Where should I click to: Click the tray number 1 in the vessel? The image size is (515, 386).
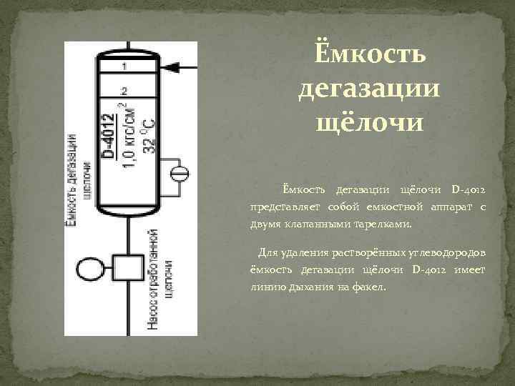tap(125, 66)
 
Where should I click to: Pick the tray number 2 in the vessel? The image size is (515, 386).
tap(125, 91)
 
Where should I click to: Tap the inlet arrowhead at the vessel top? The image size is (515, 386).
tap(172, 67)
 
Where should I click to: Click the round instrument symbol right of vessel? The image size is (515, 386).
tap(180, 173)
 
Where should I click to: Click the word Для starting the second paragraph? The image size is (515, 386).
tap(266, 253)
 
